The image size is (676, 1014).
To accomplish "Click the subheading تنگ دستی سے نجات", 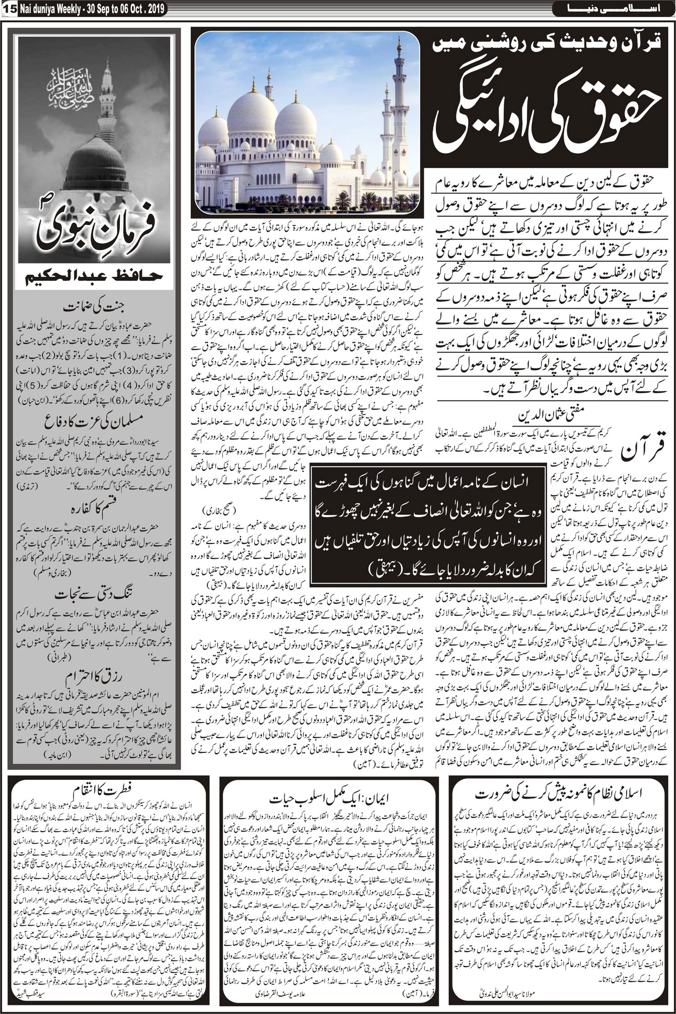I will click(94, 594).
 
